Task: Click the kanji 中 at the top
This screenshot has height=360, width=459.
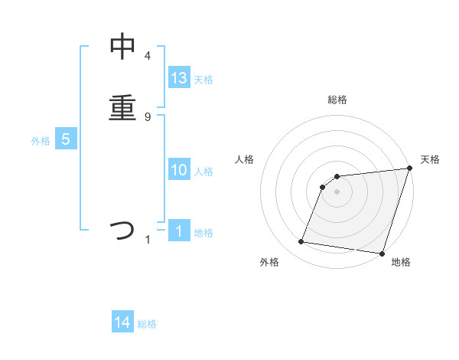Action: (x=122, y=47)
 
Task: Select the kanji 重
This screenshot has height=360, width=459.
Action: (x=122, y=106)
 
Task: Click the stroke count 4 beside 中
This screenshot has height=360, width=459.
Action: (x=148, y=56)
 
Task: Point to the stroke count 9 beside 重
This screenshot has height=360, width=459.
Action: (x=148, y=116)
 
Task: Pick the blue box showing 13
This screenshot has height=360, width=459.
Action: (x=179, y=78)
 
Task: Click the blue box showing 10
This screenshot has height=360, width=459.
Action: (x=179, y=170)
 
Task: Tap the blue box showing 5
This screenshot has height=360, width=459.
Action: (x=66, y=139)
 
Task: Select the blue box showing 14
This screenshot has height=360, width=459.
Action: (x=122, y=323)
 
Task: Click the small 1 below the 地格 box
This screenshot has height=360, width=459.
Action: (x=148, y=241)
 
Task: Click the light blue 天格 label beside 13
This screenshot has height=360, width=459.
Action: (x=203, y=80)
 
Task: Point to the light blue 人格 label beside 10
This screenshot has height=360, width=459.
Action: (x=203, y=172)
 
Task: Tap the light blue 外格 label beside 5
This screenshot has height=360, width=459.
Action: (x=41, y=141)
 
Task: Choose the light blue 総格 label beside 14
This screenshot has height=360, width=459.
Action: (x=147, y=325)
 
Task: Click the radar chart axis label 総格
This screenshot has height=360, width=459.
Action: (x=337, y=100)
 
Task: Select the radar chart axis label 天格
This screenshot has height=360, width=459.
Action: (x=430, y=159)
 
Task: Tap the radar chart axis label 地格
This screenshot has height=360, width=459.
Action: (x=401, y=263)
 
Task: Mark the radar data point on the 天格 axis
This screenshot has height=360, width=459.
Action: (x=409, y=169)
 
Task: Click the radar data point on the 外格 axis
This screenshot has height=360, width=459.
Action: (x=301, y=242)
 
